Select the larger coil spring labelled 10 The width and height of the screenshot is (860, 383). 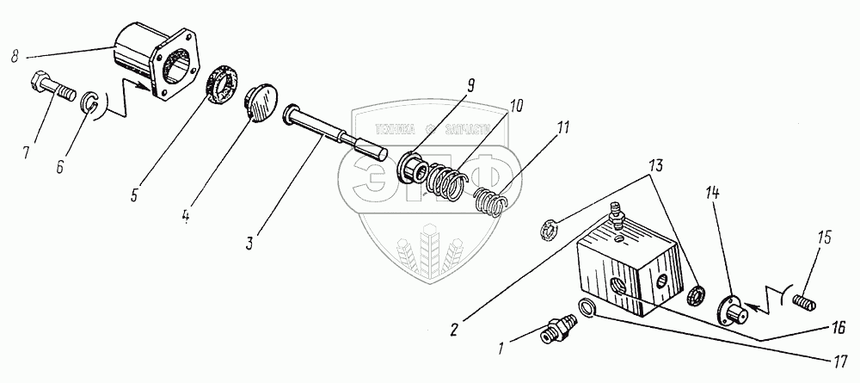(x=445, y=180)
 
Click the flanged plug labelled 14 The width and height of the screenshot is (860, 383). (x=729, y=306)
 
